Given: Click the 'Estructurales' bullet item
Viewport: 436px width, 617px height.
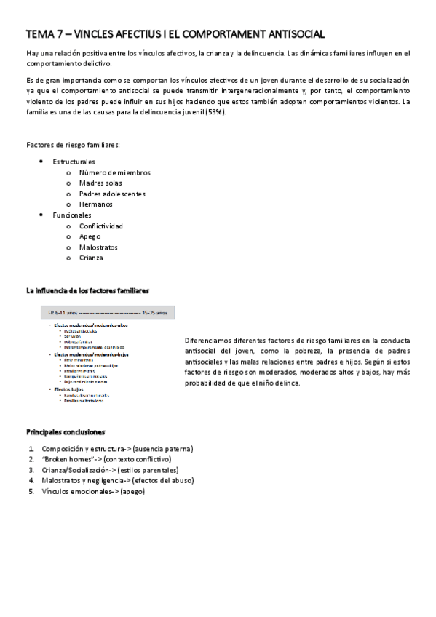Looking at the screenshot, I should pyautogui.click(x=74, y=162).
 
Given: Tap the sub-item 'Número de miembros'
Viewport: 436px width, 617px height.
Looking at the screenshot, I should pyautogui.click(x=115, y=172).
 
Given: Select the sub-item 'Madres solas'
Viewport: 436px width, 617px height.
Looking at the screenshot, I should pyautogui.click(x=100, y=183).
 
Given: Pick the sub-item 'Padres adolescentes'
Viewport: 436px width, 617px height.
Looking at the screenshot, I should pyautogui.click(x=112, y=194).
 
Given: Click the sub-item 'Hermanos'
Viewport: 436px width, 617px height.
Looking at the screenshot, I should pyautogui.click(x=95, y=204).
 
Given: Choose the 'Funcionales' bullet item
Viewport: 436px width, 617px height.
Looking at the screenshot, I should pyautogui.click(x=71, y=215).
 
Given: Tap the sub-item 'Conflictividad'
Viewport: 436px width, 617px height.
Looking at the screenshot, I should pyautogui.click(x=101, y=226).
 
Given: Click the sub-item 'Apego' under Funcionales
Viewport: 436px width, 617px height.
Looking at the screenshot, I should pyautogui.click(x=90, y=236).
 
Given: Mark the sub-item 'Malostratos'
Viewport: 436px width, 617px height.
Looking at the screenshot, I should pyautogui.click(x=98, y=247).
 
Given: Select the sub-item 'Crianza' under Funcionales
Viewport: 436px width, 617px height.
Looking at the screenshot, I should pyautogui.click(x=91, y=258).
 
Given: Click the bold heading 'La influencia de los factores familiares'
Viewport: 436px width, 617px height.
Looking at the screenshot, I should pyautogui.click(x=88, y=290).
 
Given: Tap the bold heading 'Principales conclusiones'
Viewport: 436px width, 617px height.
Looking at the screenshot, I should pyautogui.click(x=66, y=431).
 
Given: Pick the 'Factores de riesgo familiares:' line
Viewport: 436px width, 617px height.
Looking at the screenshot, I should pyautogui.click(x=73, y=145).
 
